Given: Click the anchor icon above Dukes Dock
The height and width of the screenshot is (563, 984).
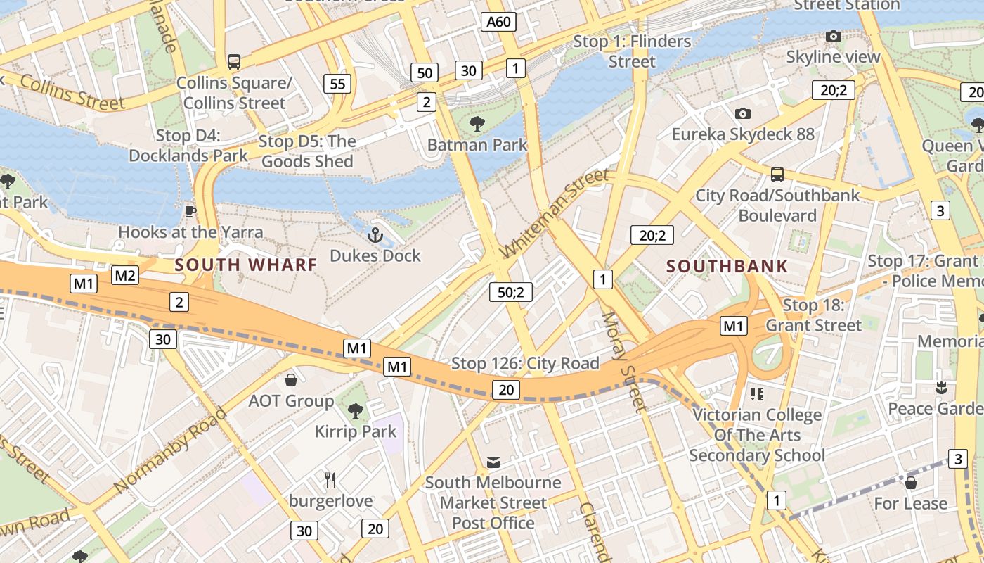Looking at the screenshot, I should (x=375, y=234).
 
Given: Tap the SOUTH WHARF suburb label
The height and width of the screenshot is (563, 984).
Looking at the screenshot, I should (x=246, y=265).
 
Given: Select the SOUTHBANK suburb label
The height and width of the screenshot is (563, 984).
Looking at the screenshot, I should (x=727, y=267).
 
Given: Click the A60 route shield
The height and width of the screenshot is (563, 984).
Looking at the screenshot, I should (x=499, y=22).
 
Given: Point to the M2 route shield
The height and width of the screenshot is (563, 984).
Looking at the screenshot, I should (x=125, y=275).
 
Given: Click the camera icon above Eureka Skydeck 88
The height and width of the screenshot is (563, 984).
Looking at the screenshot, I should (x=742, y=113).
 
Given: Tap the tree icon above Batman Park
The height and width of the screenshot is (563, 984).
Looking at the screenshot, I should (x=477, y=124).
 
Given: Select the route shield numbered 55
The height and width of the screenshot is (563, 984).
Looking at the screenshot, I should (x=337, y=84).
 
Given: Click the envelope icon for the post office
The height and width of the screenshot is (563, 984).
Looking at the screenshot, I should (x=493, y=462).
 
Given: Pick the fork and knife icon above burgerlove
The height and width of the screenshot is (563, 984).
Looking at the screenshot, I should (x=330, y=480).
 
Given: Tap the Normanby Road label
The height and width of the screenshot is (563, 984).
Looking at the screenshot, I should (x=170, y=450).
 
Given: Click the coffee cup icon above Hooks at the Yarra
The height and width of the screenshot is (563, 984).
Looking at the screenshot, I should (x=190, y=210).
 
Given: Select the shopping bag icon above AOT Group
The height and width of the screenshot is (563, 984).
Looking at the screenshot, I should (x=291, y=380).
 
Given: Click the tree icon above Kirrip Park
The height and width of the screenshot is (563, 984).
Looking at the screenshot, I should (x=356, y=410).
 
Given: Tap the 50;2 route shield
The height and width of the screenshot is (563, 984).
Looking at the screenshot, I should (x=511, y=291).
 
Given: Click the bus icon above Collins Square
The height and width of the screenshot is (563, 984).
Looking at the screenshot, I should (x=233, y=62).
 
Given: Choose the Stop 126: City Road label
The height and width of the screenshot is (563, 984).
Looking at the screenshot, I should (x=525, y=363).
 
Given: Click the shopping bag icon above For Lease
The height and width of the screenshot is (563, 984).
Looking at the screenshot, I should (x=911, y=483).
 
